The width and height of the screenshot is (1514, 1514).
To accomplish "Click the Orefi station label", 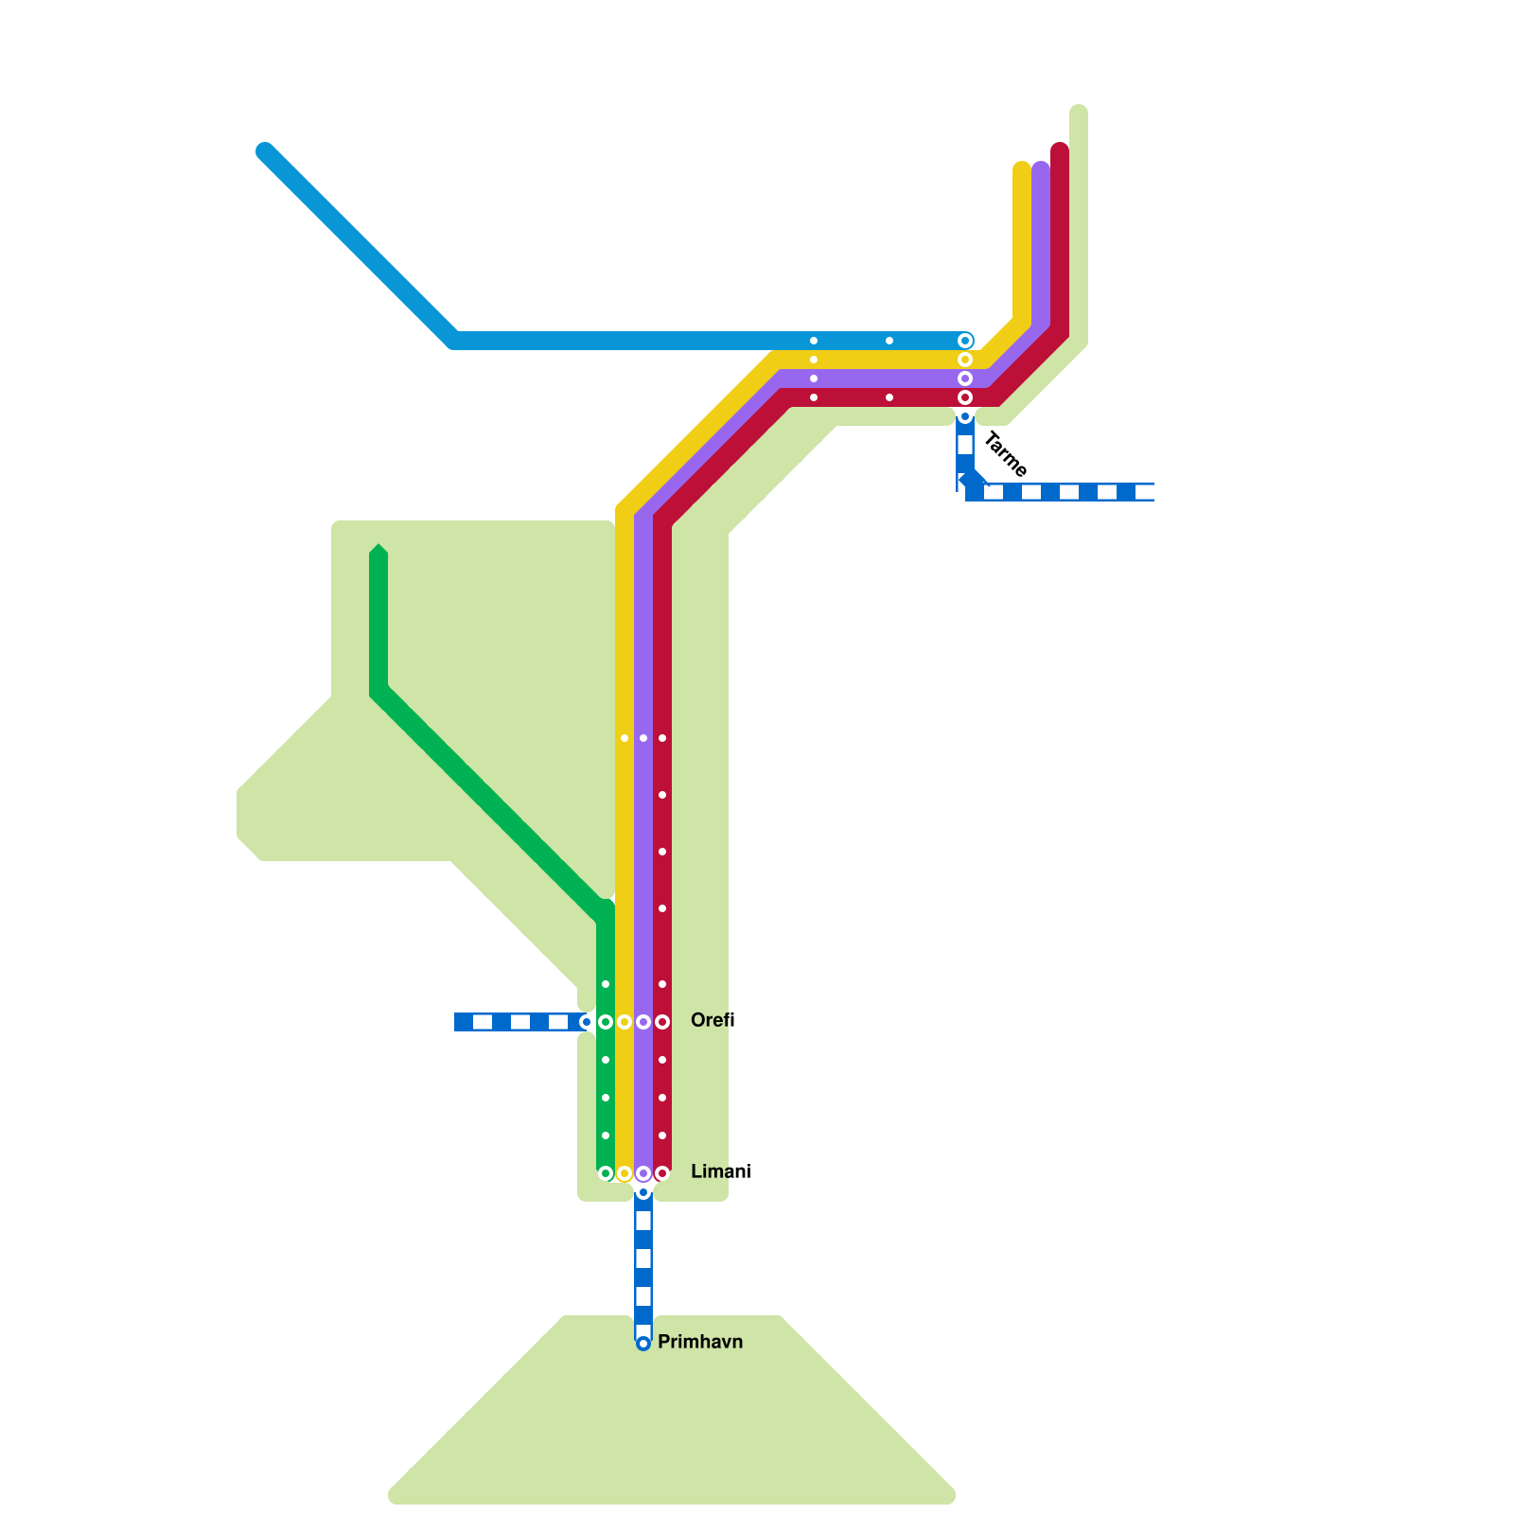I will click(713, 1020).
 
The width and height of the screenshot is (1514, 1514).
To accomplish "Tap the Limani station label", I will click(720, 1171).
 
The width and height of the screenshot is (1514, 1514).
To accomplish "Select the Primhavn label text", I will click(699, 1342).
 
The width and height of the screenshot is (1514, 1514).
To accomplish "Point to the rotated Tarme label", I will click(1005, 454).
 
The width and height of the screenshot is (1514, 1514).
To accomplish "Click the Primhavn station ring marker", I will click(643, 1344).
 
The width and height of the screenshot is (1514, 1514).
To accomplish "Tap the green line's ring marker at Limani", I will click(606, 1173).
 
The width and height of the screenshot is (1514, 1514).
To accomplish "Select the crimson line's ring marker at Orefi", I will click(662, 1022).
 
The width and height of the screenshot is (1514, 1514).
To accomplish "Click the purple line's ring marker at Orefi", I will click(643, 1022).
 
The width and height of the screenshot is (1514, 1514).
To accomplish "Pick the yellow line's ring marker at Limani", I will click(625, 1173).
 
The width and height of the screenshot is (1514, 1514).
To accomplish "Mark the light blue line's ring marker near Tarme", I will click(965, 341).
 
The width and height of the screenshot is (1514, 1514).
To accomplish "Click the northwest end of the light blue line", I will click(265, 151).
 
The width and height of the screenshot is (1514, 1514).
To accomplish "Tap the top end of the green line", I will click(378, 551).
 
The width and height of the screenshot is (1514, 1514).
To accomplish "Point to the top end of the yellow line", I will click(1022, 168).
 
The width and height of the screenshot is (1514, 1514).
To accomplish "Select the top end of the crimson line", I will click(1060, 150).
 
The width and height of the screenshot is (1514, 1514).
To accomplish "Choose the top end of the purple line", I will click(1041, 168).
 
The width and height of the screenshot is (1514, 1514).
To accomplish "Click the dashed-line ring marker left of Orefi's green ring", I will click(587, 1022).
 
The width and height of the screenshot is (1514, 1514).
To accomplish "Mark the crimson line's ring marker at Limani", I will click(662, 1173).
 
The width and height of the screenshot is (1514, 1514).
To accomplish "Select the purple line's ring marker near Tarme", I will click(965, 378).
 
